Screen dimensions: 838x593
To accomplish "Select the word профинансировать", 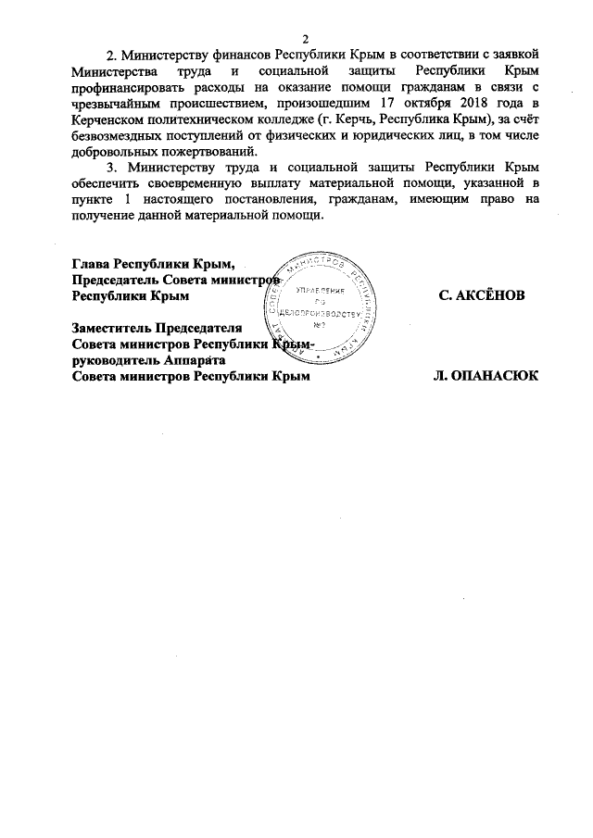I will tap(122, 87).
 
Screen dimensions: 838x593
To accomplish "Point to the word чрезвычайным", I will tap(114, 104).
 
